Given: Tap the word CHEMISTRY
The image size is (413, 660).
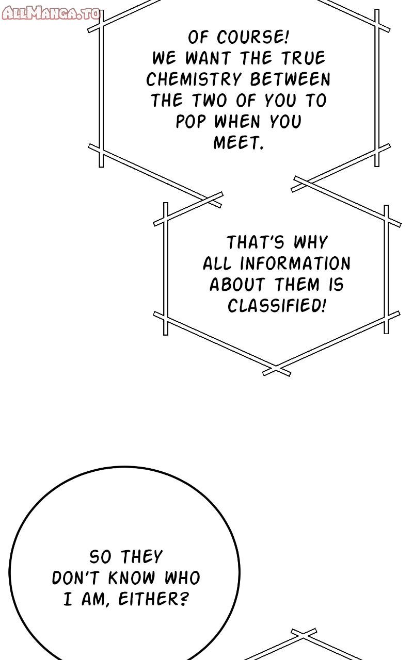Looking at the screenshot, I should tap(194, 79).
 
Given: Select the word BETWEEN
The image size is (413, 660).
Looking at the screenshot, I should tap(290, 79).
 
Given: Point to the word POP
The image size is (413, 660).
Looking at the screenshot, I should tap(191, 122).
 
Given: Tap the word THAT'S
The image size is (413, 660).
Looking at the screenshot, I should tap(256, 242).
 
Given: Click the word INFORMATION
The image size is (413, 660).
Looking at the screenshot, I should tap(295, 263).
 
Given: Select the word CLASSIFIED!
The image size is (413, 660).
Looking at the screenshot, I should tap(277, 306).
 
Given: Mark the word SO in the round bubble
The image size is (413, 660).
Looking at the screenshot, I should tap(101, 557).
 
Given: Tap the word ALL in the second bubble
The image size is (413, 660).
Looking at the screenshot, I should tap(219, 263).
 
